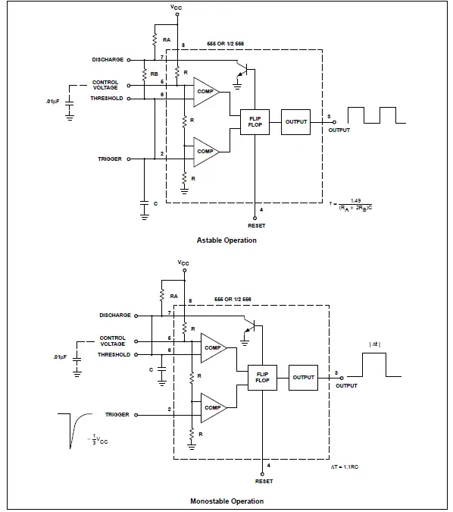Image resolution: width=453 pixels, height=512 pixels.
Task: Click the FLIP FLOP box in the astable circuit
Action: point(255,121)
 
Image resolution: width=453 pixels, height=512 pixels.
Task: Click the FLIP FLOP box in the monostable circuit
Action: point(263,377)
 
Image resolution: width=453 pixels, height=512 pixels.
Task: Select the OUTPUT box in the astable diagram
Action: point(296,121)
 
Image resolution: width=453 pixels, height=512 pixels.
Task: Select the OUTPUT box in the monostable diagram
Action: point(303,377)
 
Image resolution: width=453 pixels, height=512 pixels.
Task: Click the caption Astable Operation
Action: point(227,240)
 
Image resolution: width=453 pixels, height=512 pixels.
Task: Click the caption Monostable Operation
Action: point(227,501)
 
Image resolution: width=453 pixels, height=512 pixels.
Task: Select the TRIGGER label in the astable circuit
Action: point(110,159)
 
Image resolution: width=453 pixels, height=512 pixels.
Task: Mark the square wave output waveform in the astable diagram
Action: point(375,115)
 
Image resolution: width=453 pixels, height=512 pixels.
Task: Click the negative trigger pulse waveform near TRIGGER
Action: point(73,428)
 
